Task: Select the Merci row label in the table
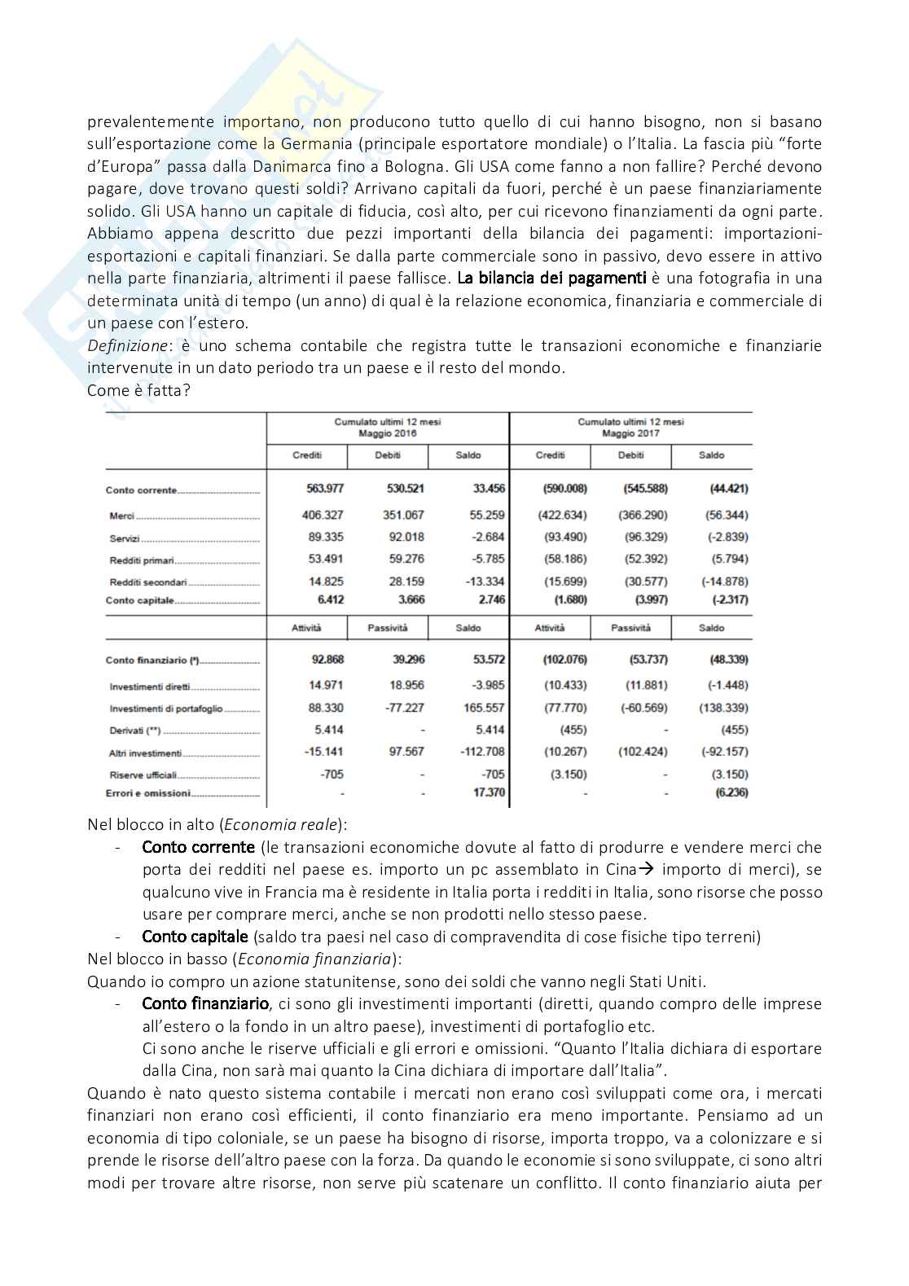pyautogui.click(x=122, y=516)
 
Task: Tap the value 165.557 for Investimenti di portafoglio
pyautogui.click(x=483, y=708)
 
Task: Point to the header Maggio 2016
pyautogui.click(x=387, y=433)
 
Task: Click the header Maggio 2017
pyautogui.click(x=630, y=433)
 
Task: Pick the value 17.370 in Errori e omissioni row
pyautogui.click(x=489, y=792)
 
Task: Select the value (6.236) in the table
pyautogui.click(x=731, y=792)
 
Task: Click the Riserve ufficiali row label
pyautogui.click(x=143, y=775)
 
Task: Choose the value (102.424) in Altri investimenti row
pyautogui.click(x=643, y=752)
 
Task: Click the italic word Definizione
pyautogui.click(x=128, y=345)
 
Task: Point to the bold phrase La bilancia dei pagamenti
pyautogui.click(x=551, y=278)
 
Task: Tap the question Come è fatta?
pyautogui.click(x=138, y=390)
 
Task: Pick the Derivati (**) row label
pyautogui.click(x=135, y=731)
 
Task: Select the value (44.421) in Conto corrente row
pyautogui.click(x=727, y=489)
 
